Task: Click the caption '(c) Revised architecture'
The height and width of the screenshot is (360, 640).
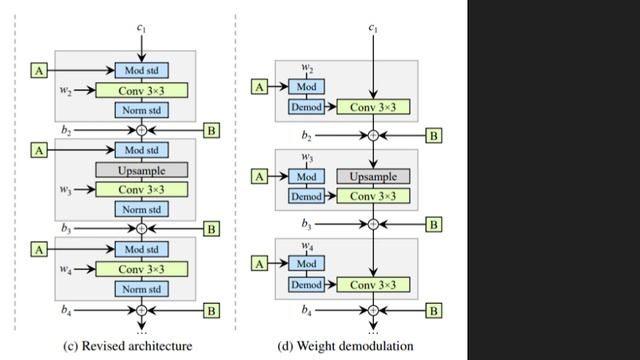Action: pyautogui.click(x=127, y=346)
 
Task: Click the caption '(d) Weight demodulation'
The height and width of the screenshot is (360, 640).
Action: pyautogui.click(x=346, y=346)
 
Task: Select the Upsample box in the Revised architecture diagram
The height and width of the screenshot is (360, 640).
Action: pyautogui.click(x=141, y=170)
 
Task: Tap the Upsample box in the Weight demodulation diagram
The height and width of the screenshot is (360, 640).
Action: pyautogui.click(x=373, y=176)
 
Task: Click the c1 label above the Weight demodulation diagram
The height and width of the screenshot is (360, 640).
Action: pyautogui.click(x=373, y=27)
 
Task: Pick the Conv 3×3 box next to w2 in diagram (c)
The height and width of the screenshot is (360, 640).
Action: pyautogui.click(x=141, y=90)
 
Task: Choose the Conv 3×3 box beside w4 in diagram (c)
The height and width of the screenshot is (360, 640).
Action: pyautogui.click(x=141, y=269)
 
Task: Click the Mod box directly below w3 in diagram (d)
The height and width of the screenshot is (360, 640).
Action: pyautogui.click(x=306, y=176)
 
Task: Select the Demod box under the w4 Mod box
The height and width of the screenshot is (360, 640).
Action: pyautogui.click(x=306, y=285)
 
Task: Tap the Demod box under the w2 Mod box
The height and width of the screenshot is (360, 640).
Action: pyautogui.click(x=306, y=106)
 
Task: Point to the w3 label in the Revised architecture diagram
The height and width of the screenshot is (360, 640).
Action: pyautogui.click(x=65, y=190)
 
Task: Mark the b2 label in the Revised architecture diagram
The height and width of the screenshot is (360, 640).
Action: pyautogui.click(x=65, y=129)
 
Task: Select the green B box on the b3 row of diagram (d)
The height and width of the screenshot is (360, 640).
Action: pyautogui.click(x=433, y=224)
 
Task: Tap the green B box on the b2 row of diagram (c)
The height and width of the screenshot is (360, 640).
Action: pyautogui.click(x=211, y=129)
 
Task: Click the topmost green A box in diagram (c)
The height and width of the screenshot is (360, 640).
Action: pyautogui.click(x=40, y=70)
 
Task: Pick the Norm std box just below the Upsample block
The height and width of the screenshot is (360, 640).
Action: pyautogui.click(x=141, y=209)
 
